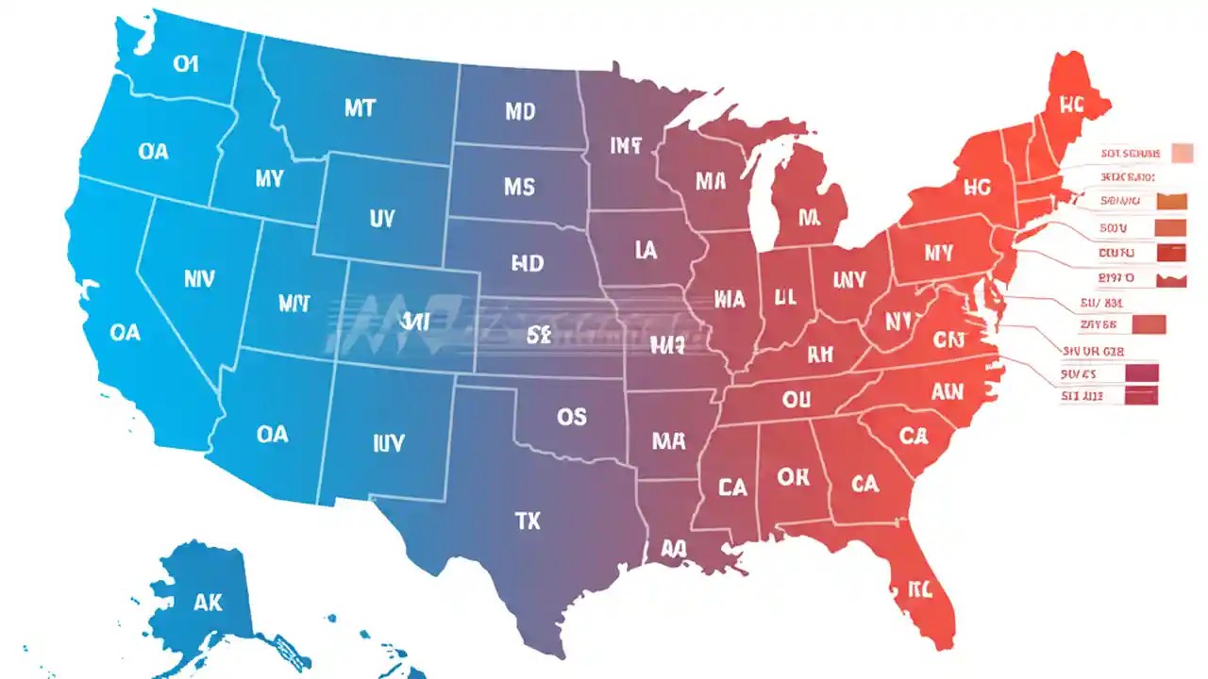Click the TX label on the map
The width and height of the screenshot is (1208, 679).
[x=528, y=520]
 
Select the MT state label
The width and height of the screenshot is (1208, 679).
[x=359, y=108]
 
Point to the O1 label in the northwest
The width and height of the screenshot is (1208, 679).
[x=186, y=64]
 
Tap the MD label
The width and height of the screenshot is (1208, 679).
[x=519, y=112]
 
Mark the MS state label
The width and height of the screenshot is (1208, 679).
[x=519, y=187]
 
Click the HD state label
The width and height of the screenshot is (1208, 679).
[x=527, y=263]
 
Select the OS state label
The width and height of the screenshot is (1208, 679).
[x=571, y=416]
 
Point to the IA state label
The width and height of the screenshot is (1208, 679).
[x=646, y=250]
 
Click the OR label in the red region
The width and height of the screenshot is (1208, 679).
[x=793, y=477]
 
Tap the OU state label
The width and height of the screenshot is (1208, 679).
[x=796, y=399]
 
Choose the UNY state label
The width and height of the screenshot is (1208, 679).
[x=849, y=279]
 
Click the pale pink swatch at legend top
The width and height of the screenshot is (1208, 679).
[x=1182, y=153]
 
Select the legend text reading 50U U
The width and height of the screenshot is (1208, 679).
[x=1114, y=227]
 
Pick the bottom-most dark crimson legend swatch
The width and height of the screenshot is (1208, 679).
[x=1141, y=397]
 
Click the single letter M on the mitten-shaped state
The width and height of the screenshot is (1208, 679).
[x=808, y=218]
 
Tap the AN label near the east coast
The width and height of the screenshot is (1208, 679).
[x=947, y=390]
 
